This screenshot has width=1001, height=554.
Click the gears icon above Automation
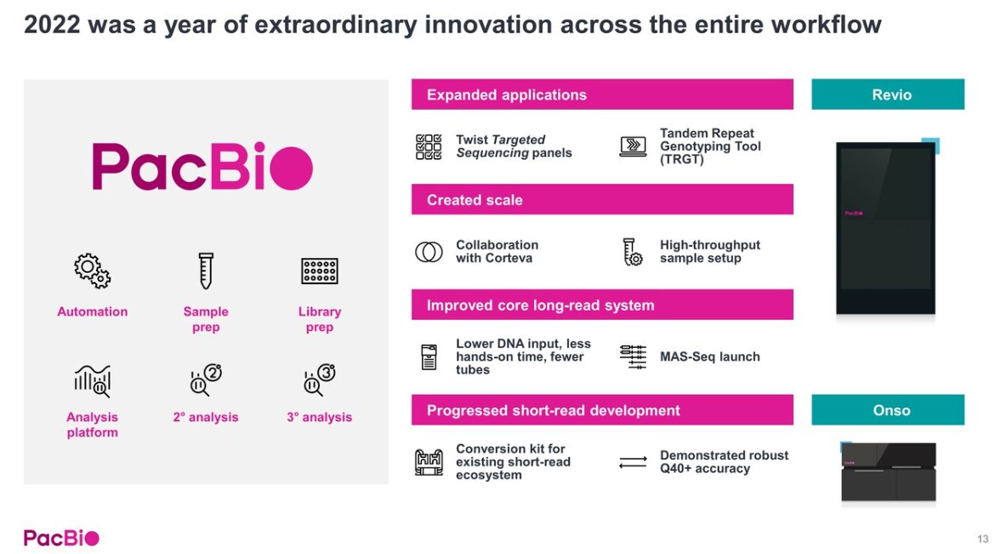(92, 271)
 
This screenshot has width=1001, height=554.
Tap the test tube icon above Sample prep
(206, 271)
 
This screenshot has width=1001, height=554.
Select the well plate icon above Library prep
(319, 271)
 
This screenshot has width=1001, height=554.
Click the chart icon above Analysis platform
(93, 381)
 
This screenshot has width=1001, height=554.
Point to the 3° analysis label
(319, 417)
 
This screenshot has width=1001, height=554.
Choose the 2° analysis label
(206, 417)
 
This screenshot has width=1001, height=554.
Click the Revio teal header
(887, 94)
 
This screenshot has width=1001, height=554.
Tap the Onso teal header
(887, 410)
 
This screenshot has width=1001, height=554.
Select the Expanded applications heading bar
(602, 94)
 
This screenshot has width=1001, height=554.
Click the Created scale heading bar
(602, 199)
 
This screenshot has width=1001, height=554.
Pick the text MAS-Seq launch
(710, 357)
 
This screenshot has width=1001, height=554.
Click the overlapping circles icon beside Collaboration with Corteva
(429, 252)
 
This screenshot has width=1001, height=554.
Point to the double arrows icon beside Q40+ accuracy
(633, 462)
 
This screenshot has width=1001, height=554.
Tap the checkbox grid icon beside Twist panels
(429, 146)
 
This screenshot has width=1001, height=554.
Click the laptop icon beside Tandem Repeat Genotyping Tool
(633, 146)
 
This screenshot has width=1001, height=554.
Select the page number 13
(982, 539)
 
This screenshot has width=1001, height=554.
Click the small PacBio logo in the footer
(61, 538)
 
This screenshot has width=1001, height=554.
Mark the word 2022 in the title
(53, 25)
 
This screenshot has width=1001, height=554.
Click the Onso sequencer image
(888, 471)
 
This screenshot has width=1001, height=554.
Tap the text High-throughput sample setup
(710, 252)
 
